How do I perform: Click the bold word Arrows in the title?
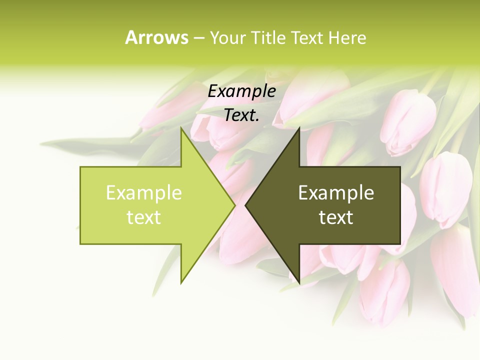point(156,37)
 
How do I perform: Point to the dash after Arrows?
point(198,38)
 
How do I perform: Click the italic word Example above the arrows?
point(242,91)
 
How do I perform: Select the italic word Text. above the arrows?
point(242,115)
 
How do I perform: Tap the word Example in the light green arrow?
point(144,192)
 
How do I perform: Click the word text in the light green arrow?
point(144,217)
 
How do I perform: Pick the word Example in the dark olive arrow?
point(336,192)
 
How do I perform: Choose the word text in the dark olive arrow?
point(336,217)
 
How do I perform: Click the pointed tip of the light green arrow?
point(235,205)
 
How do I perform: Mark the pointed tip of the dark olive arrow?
point(245,205)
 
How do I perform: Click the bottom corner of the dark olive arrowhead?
point(299,283)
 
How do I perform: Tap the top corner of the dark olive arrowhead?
point(299,127)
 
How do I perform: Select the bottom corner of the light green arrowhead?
point(181,283)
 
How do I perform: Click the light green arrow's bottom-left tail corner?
point(80,244)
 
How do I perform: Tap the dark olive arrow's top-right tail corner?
point(400,167)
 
